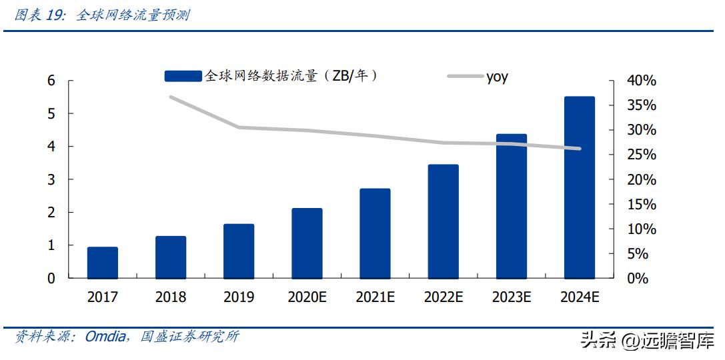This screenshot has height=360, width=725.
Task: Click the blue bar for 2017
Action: coord(103,263)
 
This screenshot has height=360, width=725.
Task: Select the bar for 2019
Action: coord(239,251)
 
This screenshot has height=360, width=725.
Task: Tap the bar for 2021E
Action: coord(375,233)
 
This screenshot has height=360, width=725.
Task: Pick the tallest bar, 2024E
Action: coord(579,187)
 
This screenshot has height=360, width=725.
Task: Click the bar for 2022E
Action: coord(443,221)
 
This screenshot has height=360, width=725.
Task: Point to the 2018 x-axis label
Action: coord(171,297)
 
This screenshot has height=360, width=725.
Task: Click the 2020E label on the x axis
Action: coord(307,297)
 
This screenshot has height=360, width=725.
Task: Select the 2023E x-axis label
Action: coord(511,297)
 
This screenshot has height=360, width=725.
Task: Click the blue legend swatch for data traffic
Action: coord(183,77)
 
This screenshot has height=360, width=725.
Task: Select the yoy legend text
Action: coord(497,77)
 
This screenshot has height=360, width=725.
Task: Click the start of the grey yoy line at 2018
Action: coord(171,97)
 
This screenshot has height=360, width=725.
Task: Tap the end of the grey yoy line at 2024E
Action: coord(579,149)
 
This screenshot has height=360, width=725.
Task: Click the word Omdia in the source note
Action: coord(105,337)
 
